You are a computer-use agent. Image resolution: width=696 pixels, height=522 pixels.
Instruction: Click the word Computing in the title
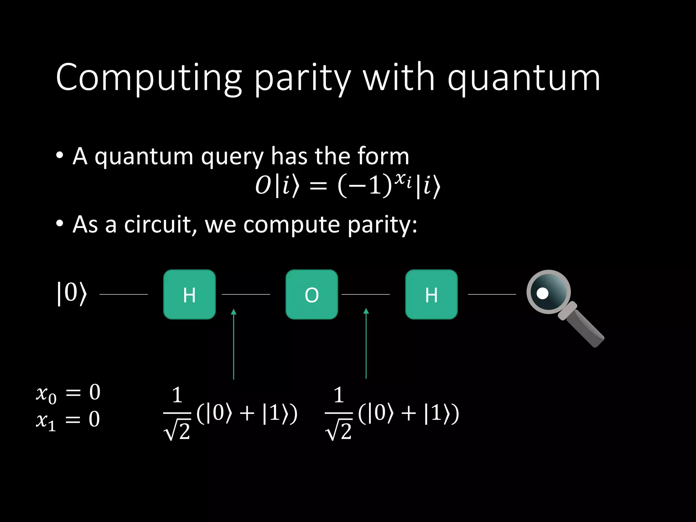point(148,78)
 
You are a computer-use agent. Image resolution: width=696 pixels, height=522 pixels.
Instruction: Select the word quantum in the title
point(524,79)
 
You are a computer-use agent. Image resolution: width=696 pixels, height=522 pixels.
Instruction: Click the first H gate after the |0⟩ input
point(189,294)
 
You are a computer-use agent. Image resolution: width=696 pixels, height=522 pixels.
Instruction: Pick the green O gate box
point(312,294)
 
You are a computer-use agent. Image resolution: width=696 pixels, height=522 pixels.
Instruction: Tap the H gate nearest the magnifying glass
point(431,294)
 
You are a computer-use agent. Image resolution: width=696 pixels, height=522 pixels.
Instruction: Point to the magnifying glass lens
point(548,292)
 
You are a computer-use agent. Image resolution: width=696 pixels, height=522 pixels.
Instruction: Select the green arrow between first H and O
point(233,343)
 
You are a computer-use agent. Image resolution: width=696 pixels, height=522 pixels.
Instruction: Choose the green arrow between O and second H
point(366,343)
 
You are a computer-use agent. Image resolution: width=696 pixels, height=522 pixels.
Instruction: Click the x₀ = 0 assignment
point(68,393)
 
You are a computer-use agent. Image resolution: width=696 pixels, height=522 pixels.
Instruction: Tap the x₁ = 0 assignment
point(68,420)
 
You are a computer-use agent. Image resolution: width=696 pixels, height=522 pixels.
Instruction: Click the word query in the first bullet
point(232,157)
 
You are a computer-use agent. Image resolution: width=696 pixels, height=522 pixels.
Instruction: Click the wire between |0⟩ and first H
point(123,294)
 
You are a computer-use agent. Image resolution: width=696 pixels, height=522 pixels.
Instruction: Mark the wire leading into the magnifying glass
point(492,294)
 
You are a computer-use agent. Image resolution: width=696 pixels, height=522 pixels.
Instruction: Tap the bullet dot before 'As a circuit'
point(60,224)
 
